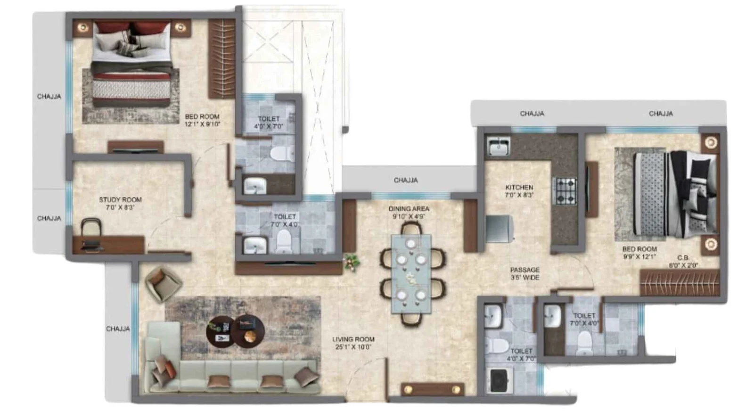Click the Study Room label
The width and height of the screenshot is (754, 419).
[120, 199]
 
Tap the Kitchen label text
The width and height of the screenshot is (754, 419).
[519, 187]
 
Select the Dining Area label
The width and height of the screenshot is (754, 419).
[409, 209]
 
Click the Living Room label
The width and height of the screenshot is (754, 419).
[353, 339]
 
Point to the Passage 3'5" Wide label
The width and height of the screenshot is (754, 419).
[525, 274]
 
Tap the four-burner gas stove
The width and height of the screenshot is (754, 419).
[566, 191]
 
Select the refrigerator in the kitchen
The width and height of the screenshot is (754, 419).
[500, 229]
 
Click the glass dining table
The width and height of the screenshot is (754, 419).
[410, 274]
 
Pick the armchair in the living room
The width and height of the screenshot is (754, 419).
[163, 284]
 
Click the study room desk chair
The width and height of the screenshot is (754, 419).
[91, 228]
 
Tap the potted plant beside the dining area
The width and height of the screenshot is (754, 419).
[352, 262]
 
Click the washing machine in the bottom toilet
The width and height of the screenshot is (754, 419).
[500, 380]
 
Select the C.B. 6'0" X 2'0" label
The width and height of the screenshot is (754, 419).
[683, 262]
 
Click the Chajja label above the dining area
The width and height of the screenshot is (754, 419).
[406, 181]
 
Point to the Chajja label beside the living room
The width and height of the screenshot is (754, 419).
[118, 329]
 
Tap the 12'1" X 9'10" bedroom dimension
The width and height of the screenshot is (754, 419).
[202, 124]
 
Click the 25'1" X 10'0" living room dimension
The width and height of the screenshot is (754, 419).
[353, 347]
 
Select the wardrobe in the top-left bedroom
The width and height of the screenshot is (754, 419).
[222, 58]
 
